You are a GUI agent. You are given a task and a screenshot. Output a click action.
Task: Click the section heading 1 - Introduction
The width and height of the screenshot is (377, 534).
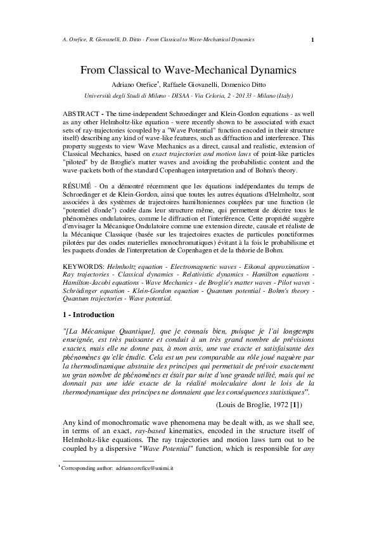click(89, 315)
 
